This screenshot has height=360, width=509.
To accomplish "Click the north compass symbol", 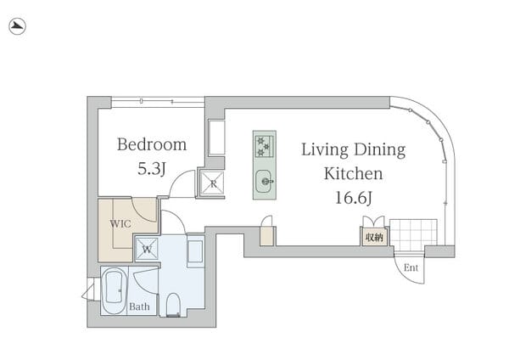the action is tap(17, 26).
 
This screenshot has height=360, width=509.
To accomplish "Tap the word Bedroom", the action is tap(152, 144).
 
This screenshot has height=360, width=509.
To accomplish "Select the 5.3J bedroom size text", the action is tap(152, 169).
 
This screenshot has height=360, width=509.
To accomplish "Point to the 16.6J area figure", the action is tap(353, 198).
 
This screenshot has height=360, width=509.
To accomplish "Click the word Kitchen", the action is tap(353, 173).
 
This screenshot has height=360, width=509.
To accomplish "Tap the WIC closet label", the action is tap(120, 223).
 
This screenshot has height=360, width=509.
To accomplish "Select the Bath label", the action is tap(139, 307).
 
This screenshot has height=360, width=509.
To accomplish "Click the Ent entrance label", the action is tap(411, 267).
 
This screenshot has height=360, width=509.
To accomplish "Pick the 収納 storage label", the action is tap(374, 238).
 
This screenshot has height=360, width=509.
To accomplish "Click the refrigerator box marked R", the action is tap(212, 183).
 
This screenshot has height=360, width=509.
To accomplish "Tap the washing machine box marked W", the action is tap(147, 250).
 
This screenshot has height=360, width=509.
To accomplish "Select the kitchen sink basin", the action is tap(265, 182).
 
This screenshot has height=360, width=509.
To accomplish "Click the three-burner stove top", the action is tap(265, 145).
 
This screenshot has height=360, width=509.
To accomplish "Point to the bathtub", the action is tap(114, 290).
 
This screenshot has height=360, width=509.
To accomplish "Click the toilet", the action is tap(173, 305).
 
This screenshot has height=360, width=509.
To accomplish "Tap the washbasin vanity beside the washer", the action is tap(195, 251).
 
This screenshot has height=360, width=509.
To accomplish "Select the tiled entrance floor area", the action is tap(413, 235).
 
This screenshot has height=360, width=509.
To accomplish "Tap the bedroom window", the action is tap(158, 102).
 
